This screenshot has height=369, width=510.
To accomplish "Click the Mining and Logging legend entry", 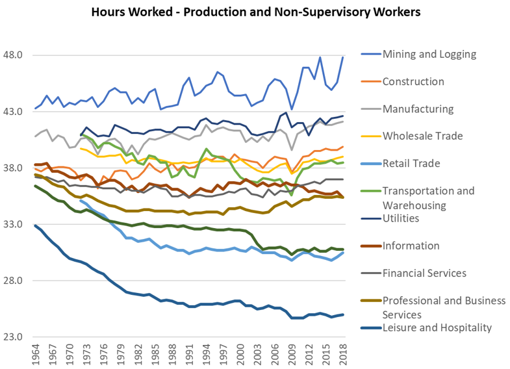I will [x=429, y=54].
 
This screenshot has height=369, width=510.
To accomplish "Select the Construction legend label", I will [x=413, y=81].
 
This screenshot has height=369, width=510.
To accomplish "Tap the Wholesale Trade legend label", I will [x=422, y=136].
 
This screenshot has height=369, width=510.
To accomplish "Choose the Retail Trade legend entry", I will [x=412, y=163].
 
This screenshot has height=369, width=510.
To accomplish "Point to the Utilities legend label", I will [x=401, y=218].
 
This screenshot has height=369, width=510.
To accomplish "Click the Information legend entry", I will [x=411, y=246].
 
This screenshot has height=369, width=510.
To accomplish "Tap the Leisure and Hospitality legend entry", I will [x=437, y=327].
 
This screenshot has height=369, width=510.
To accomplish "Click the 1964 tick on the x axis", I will [x=36, y=355].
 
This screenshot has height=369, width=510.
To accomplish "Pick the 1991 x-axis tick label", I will [x=189, y=355].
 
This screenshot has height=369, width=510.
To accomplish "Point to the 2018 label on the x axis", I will [x=342, y=355].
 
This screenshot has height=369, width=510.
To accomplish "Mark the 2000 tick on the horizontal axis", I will [x=240, y=355].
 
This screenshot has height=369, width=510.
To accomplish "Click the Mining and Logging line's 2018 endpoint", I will [x=342, y=58].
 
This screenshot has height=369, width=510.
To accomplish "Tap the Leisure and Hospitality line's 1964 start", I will [x=36, y=225].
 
